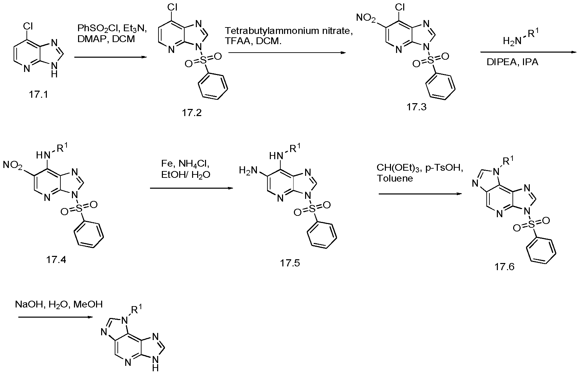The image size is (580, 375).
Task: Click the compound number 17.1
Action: (x=38, y=95)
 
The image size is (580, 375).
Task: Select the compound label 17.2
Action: (x=192, y=113)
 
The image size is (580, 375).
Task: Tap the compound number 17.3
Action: (x=416, y=107)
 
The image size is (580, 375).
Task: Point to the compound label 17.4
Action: (x=56, y=259)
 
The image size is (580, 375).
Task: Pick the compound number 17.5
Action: (x=290, y=263)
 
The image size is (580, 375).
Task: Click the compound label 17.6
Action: (x=504, y=266)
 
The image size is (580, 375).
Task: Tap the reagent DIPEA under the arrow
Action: (x=502, y=62)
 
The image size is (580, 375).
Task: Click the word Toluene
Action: (x=395, y=179)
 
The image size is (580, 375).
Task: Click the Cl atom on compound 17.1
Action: (x=28, y=26)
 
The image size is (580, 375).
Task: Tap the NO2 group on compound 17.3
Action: (x=366, y=18)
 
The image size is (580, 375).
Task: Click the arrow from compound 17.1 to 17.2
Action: (x=111, y=57)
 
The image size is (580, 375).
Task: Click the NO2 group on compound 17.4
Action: (x=13, y=165)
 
